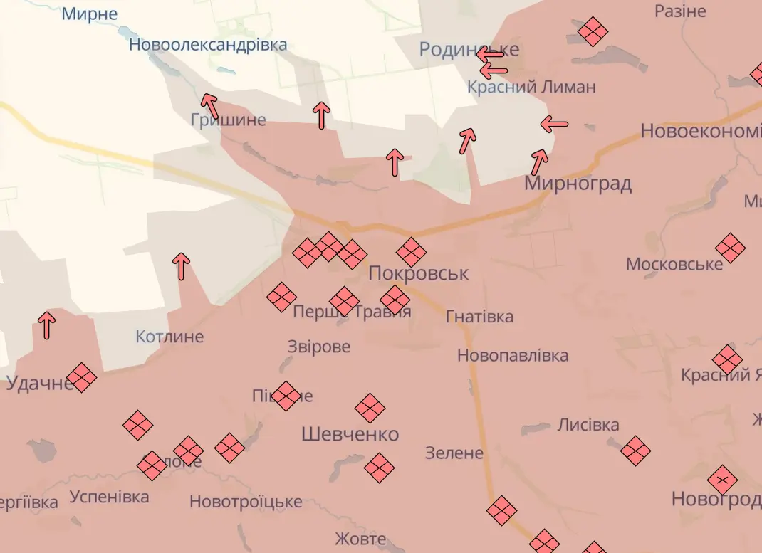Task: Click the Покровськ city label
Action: tap(419, 273)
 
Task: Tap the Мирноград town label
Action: tap(578, 184)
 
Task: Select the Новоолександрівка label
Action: tap(208, 45)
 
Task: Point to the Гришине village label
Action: tap(228, 120)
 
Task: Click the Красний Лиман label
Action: tap(531, 88)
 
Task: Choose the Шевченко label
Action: tap(350, 434)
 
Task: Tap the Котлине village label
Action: tap(169, 337)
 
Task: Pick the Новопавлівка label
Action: tap(513, 355)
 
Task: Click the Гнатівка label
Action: tap(479, 317)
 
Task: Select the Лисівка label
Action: tap(588, 425)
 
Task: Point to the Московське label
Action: tap(674, 265)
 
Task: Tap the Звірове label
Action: tap(319, 347)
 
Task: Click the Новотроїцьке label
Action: tap(246, 502)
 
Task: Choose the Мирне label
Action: tap(90, 14)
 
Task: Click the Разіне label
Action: tap(680, 11)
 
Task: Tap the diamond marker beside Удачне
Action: tap(81, 378)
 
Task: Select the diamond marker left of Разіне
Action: tap(593, 32)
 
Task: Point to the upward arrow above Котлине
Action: tap(182, 266)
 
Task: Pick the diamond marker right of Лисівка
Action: tap(635, 451)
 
